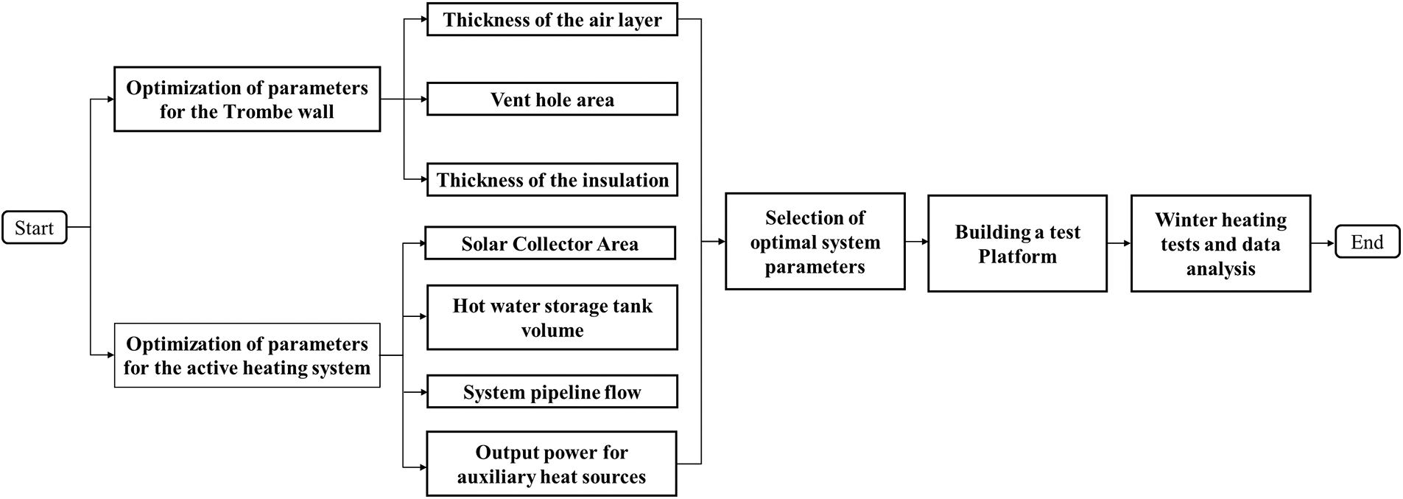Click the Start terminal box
(x=35, y=228)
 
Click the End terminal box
(x=1367, y=242)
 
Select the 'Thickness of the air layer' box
(x=552, y=20)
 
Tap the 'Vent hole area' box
(x=552, y=100)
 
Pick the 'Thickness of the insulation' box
(x=552, y=180)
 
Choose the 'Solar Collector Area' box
(x=549, y=244)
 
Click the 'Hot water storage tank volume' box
(x=552, y=318)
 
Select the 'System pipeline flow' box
(x=552, y=392)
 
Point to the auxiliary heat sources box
(x=551, y=464)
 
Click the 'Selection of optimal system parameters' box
(x=815, y=242)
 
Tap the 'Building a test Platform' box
(x=1017, y=244)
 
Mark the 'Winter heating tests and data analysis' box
(x=1220, y=244)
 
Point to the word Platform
(x=1017, y=257)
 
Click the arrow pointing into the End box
(x=1323, y=242)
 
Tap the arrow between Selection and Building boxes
(x=916, y=242)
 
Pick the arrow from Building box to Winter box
(x=1119, y=242)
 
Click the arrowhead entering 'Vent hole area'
(x=422, y=100)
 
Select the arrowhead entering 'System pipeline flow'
(x=422, y=392)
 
